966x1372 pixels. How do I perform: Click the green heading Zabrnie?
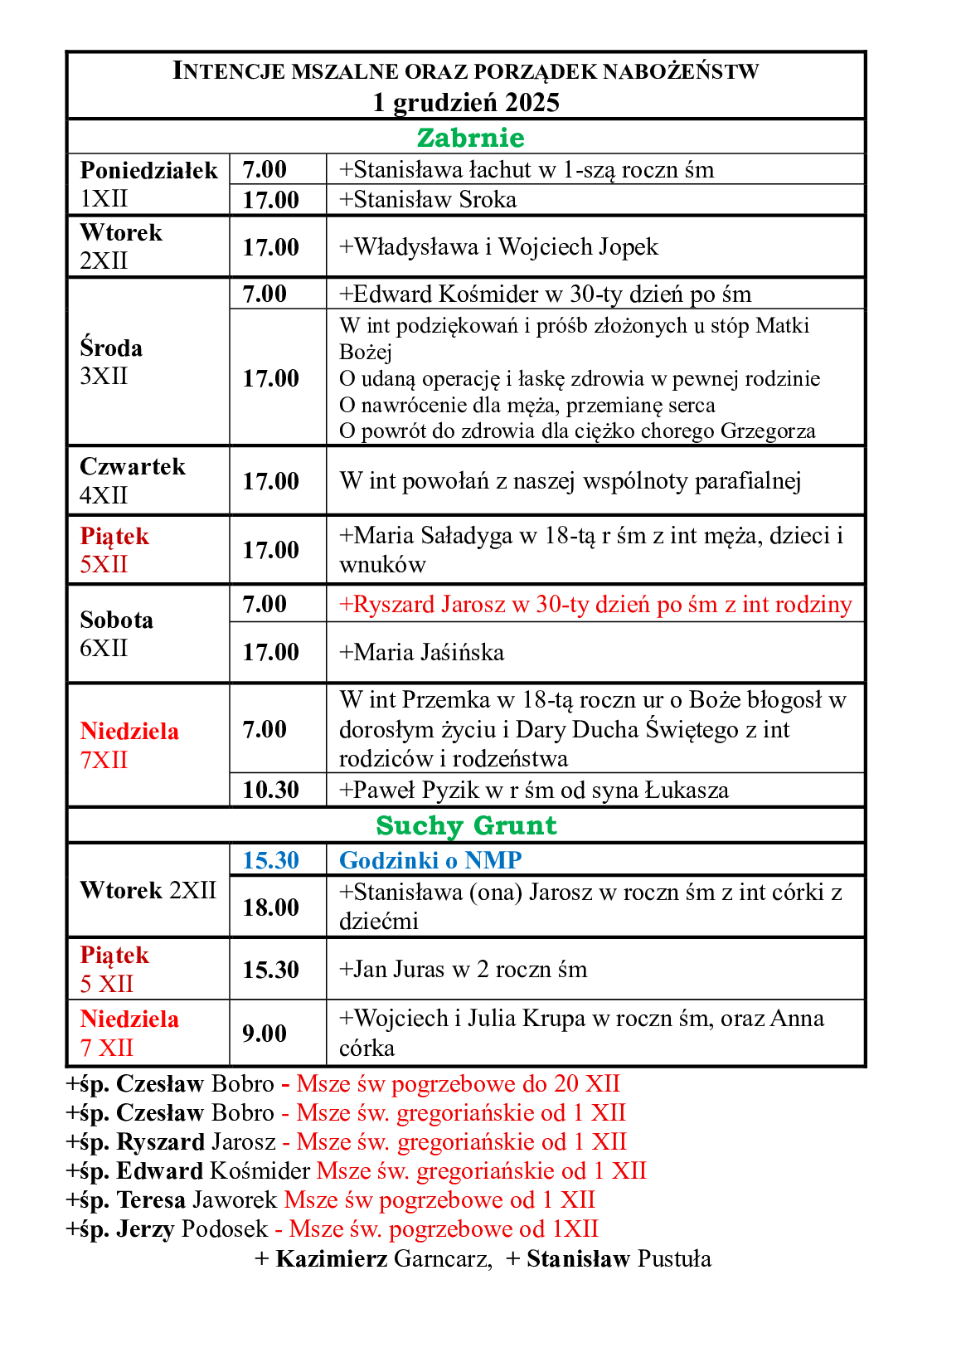tap(470, 138)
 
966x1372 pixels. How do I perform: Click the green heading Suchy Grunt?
tap(466, 825)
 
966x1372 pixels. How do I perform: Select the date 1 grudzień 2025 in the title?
tap(466, 102)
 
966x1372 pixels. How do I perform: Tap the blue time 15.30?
tap(270, 860)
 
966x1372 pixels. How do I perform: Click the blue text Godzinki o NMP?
tap(430, 860)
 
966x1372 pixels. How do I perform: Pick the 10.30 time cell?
tap(270, 790)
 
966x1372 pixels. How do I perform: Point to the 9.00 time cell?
tap(264, 1034)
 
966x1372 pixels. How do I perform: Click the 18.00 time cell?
tap(270, 907)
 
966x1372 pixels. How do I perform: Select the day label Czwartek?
tap(133, 467)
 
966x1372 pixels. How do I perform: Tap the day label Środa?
tap(111, 348)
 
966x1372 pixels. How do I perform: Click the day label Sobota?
tap(117, 620)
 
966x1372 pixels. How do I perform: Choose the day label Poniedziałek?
tap(148, 170)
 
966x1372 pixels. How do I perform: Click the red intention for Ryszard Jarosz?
tap(595, 605)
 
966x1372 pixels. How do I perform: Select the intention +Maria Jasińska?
tap(422, 653)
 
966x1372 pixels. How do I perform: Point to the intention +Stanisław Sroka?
tap(428, 200)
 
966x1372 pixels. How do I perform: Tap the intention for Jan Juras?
tap(464, 970)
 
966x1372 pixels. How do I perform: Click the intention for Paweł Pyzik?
tap(534, 791)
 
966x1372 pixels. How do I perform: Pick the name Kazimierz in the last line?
tap(332, 1259)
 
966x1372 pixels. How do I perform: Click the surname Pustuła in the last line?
tap(674, 1259)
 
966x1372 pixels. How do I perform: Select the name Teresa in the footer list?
tap(151, 1200)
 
